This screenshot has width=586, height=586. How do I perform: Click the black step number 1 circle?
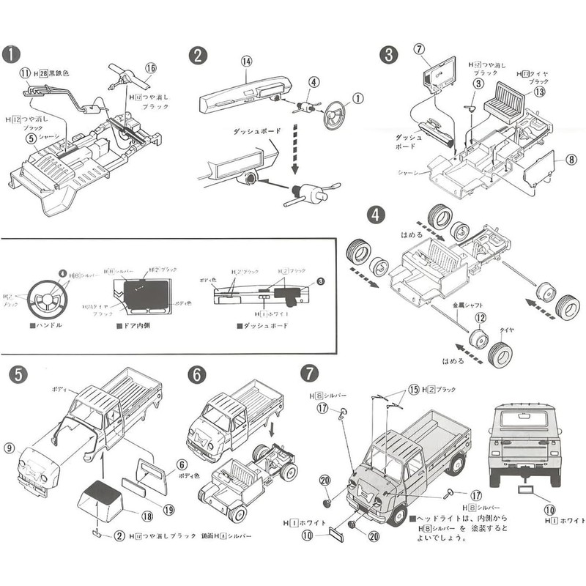[x=10, y=55]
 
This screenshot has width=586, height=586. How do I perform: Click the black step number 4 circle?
[x=376, y=215]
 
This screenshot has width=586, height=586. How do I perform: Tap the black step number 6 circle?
[x=196, y=374]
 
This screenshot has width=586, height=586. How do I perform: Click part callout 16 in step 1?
[x=150, y=67]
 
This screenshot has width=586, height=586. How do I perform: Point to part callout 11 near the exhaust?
[x=25, y=73]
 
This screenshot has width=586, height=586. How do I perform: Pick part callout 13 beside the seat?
[x=540, y=92]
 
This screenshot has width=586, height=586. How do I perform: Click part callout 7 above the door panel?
[x=419, y=50]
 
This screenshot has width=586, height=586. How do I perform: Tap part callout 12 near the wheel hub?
[x=480, y=318]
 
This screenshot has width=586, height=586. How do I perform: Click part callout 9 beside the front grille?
[x=10, y=448]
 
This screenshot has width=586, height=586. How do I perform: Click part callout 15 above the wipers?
[x=414, y=389]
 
